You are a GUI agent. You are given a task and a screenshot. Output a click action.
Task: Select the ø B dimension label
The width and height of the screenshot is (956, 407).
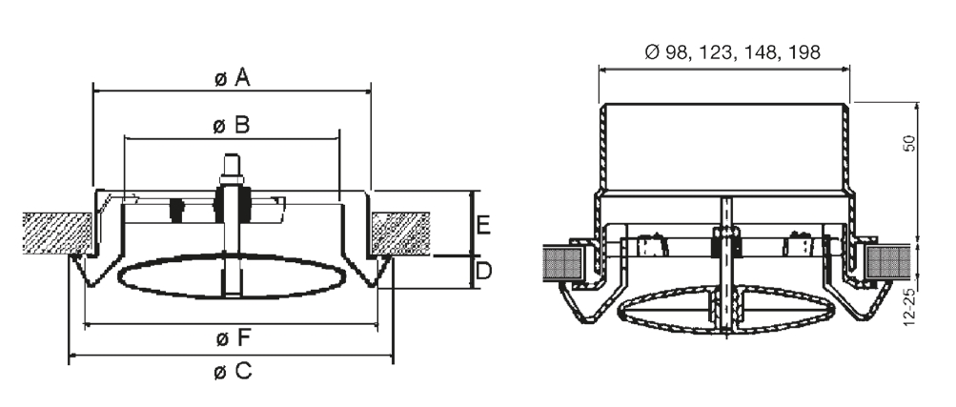click(x=232, y=125)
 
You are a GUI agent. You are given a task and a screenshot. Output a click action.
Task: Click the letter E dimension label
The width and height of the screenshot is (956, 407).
click(x=483, y=226)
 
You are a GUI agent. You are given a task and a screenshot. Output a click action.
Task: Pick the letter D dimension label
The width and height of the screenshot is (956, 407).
click(x=483, y=272)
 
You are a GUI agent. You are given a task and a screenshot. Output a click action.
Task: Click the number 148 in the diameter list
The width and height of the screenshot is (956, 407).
click(x=762, y=52)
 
